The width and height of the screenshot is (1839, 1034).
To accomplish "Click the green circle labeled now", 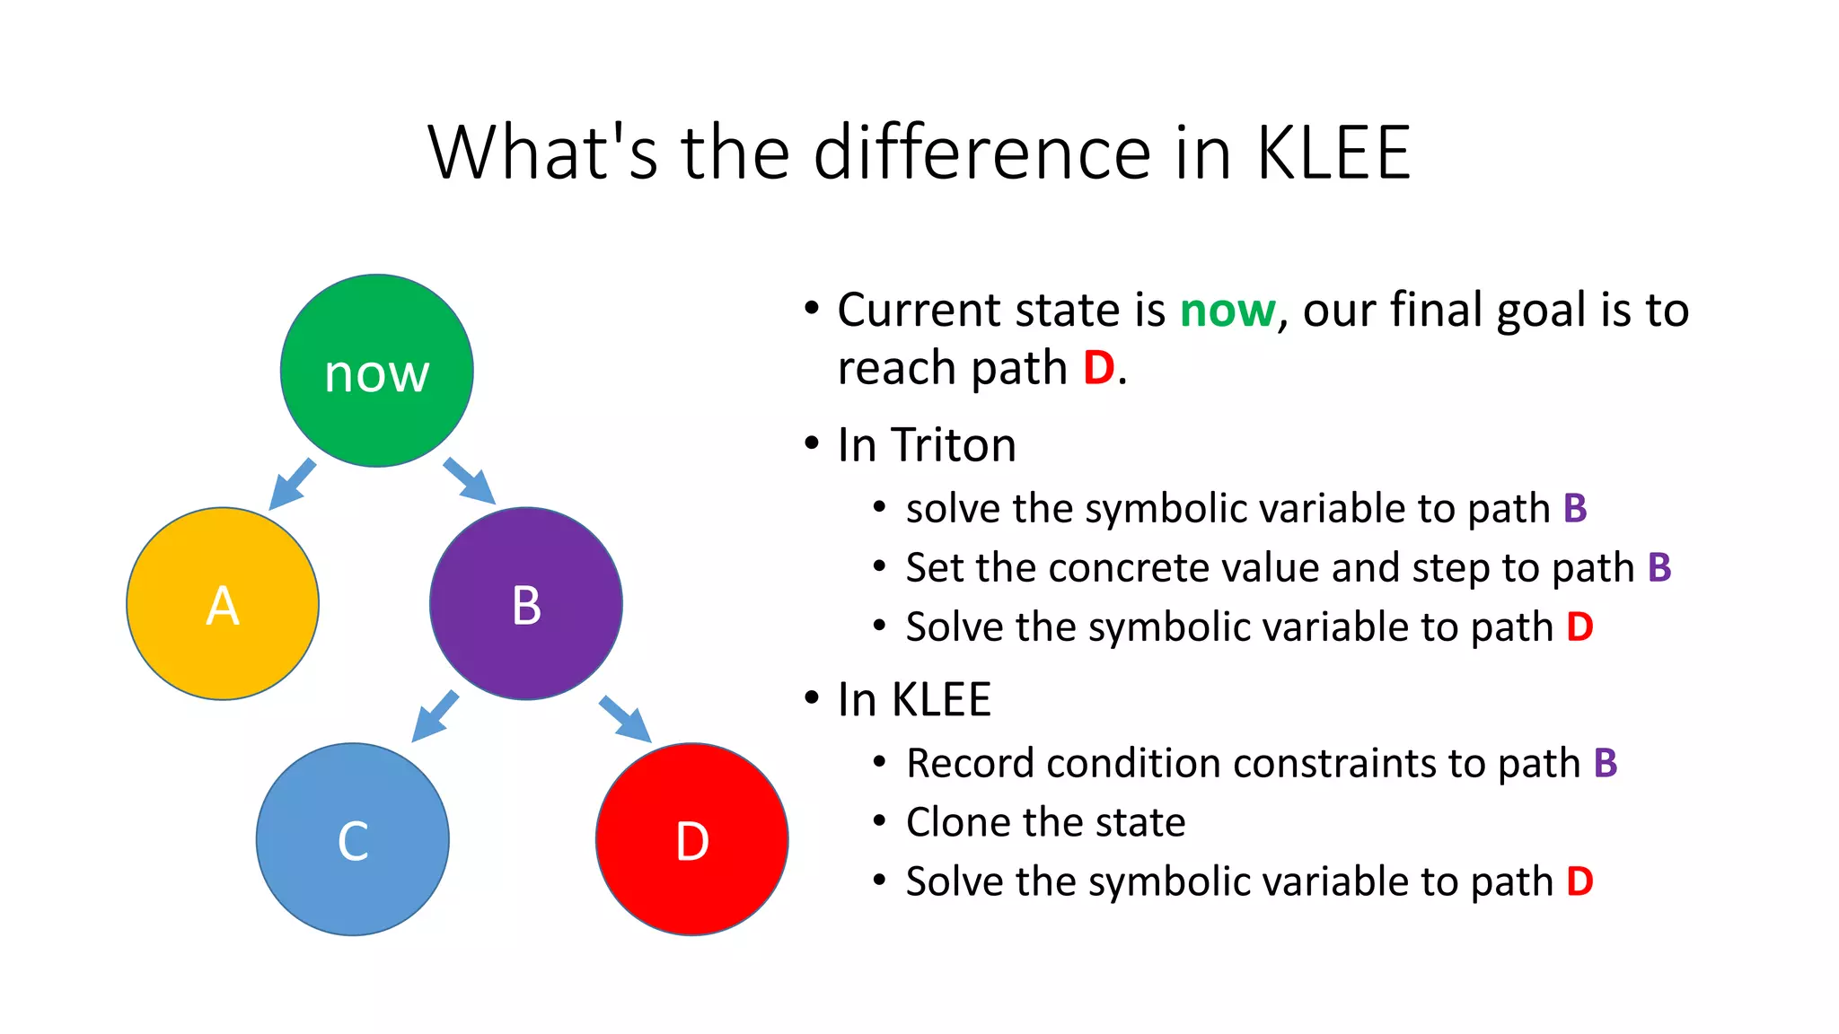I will point(376,371).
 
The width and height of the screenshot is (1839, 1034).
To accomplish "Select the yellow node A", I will point(223,603).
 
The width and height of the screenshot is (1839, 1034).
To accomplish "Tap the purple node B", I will point(526,603).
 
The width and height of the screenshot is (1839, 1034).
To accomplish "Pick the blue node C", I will point(353,839).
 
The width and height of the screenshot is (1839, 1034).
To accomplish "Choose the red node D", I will point(692,839).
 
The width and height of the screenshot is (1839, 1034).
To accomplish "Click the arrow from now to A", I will point(293,485).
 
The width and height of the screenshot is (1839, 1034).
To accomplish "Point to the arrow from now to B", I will point(469,481).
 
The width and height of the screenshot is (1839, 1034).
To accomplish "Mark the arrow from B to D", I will point(625,718).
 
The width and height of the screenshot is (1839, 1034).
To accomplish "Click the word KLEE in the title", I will point(1333,153).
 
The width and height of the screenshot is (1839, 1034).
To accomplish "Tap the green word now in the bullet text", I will point(1227,311).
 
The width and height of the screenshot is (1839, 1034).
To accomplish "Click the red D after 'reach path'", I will point(1098,368).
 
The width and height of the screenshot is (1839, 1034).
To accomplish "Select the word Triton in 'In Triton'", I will point(953,445).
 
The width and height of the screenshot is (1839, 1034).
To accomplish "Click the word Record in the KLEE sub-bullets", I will point(970,764).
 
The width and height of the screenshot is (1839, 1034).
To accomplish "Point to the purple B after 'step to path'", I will point(1659,568).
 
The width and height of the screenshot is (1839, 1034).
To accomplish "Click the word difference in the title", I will point(981,153).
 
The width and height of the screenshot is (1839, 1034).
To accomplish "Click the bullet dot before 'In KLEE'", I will point(813,697).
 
